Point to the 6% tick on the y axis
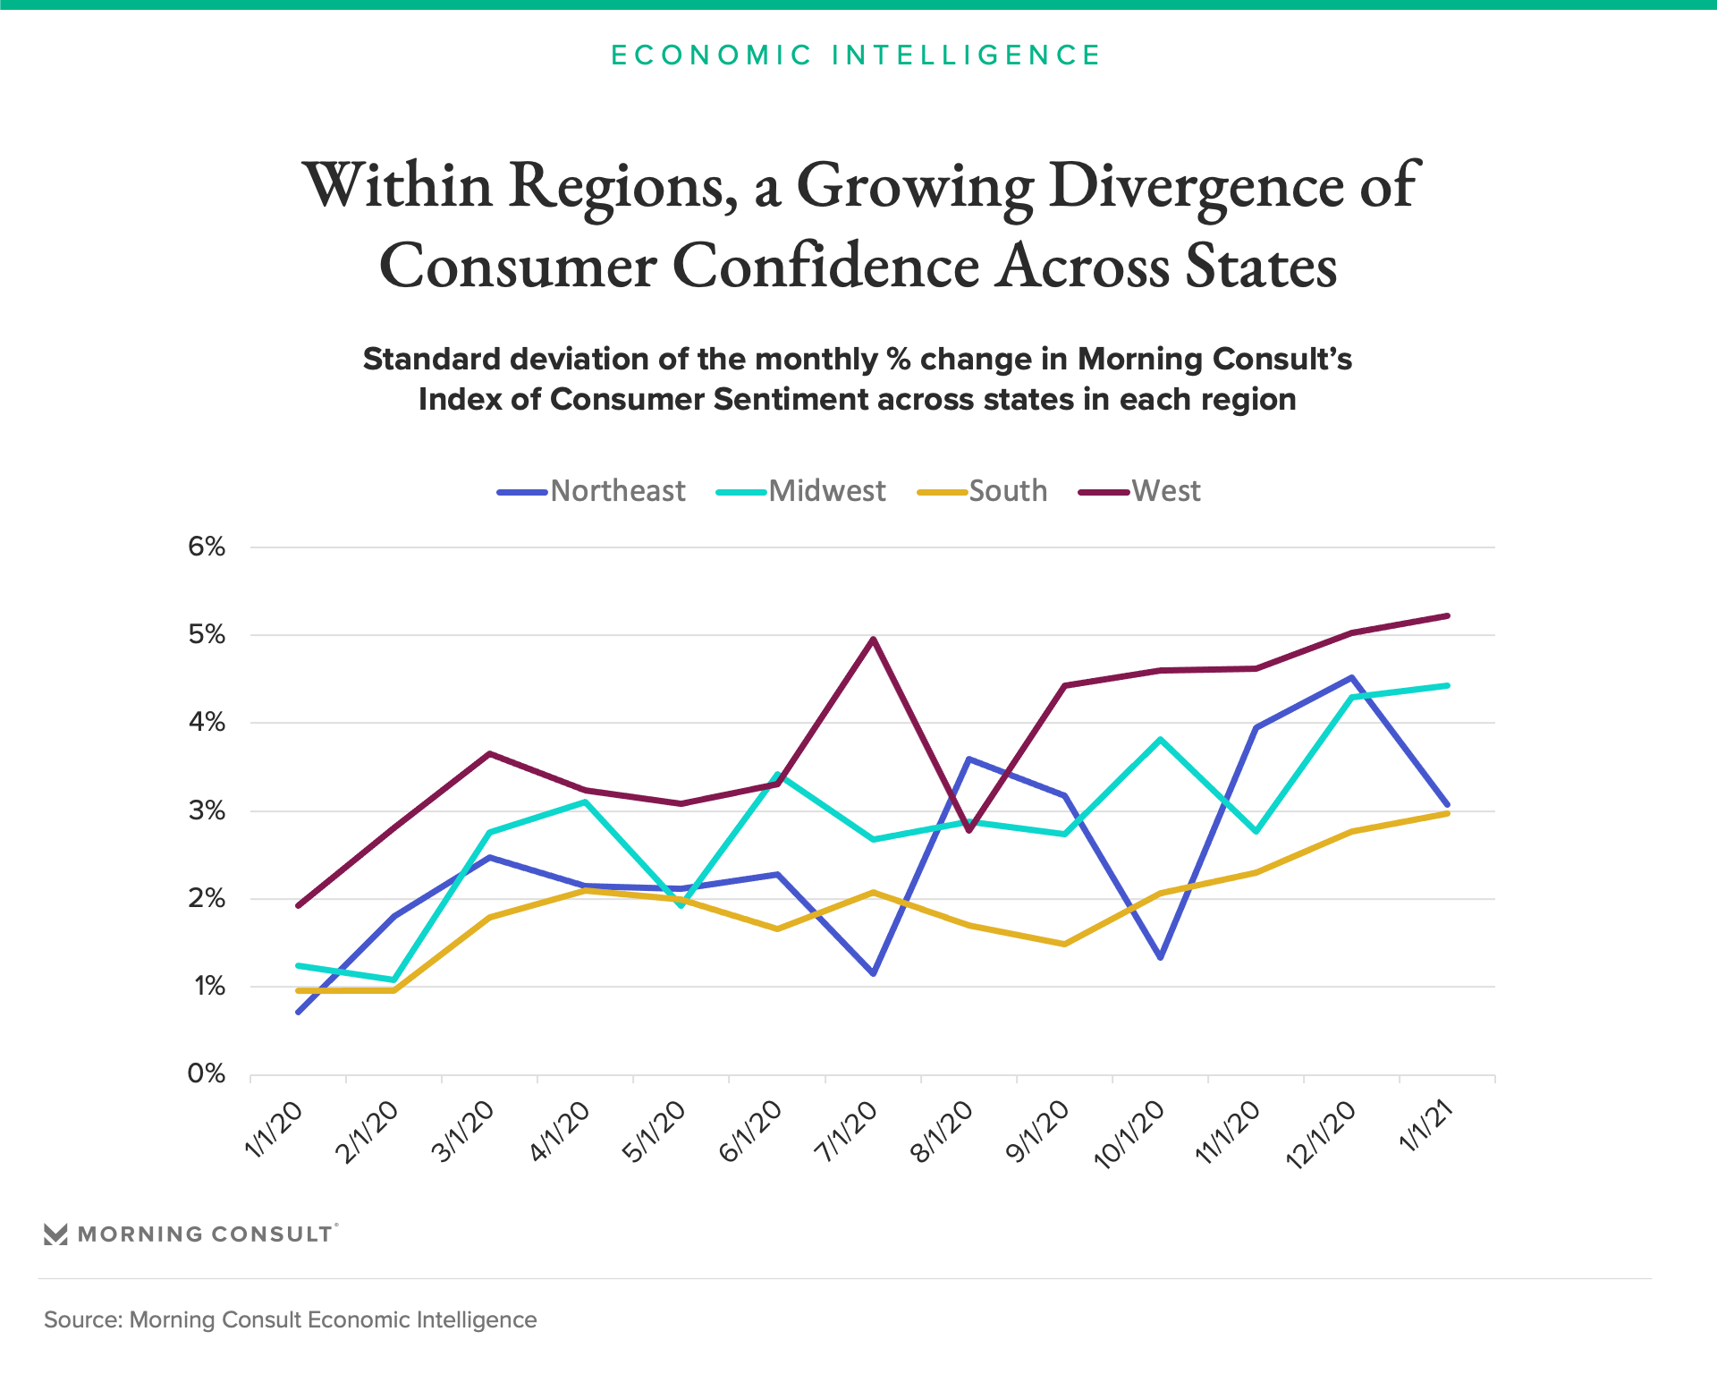coord(207,547)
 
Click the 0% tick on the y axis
coord(207,1073)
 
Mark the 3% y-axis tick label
coord(207,810)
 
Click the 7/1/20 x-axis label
coord(845,1132)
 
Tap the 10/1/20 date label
coord(1130,1134)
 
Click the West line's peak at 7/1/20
coord(873,639)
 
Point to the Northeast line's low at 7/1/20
coord(873,973)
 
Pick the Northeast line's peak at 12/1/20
coord(1352,677)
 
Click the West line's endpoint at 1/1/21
coord(1448,615)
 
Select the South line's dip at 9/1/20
coord(1064,944)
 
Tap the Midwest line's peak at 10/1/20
coord(1160,740)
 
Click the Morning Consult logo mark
coord(55,1234)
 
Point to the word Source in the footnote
coord(80,1320)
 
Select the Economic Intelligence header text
coord(856,55)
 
